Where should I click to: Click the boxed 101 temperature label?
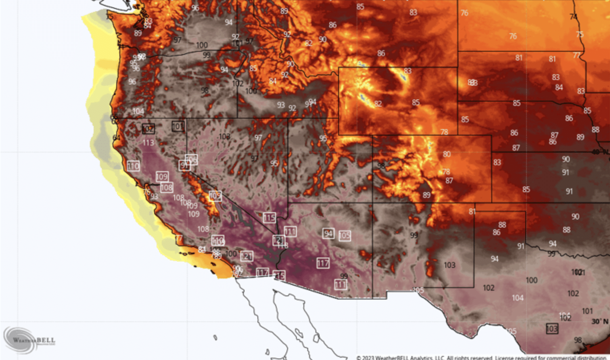click(178, 126)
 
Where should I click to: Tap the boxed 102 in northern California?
click(148, 129)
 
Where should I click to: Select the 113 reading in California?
click(148, 142)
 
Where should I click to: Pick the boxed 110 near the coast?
click(133, 166)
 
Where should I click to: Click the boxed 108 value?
click(167, 187)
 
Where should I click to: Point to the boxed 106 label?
click(191, 159)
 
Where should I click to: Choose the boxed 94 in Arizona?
click(328, 233)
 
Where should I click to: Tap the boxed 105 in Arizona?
click(345, 235)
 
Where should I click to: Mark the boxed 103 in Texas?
click(552, 329)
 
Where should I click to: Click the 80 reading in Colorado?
click(447, 154)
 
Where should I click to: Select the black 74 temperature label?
click(573, 17)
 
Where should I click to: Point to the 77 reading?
click(577, 55)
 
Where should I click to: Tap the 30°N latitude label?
click(600, 321)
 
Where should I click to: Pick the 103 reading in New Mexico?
click(449, 265)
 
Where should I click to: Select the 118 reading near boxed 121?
click(283, 245)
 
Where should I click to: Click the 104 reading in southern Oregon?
click(138, 111)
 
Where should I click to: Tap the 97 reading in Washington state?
click(177, 40)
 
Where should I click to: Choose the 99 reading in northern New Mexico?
click(414, 235)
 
